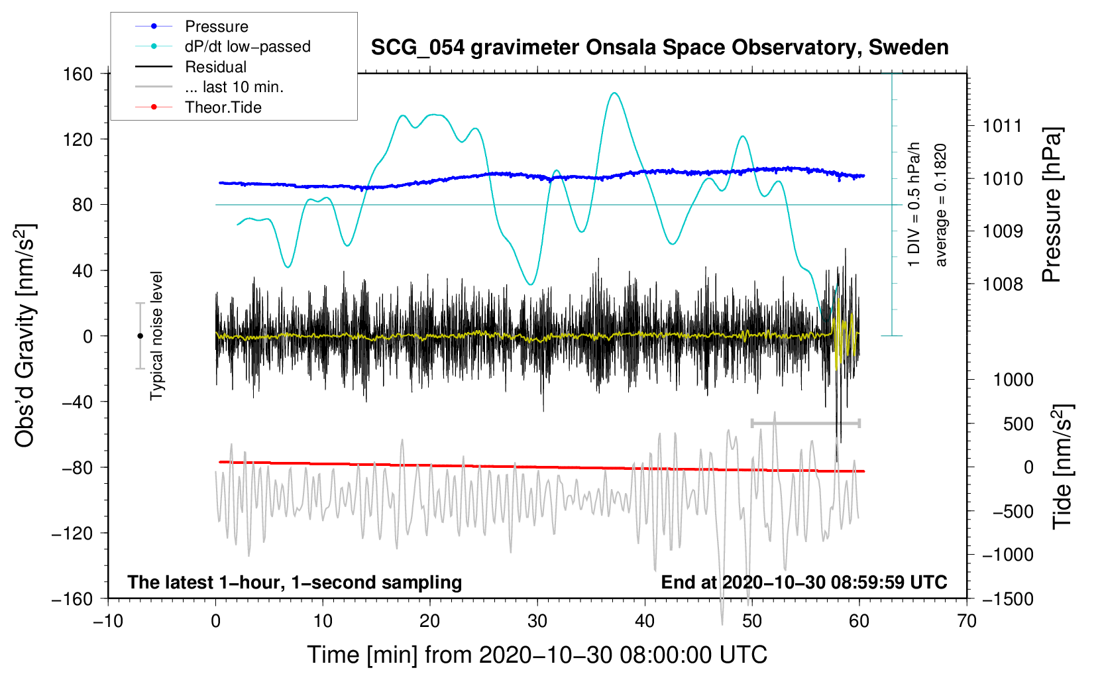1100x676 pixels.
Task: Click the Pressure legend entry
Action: coord(192,26)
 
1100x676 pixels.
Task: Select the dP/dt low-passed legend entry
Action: coord(223,46)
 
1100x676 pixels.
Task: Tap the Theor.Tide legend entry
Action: coord(198,107)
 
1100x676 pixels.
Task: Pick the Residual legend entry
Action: coord(191,67)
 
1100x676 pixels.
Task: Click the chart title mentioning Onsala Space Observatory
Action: coord(659,48)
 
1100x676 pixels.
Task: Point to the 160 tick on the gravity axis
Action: coord(78,74)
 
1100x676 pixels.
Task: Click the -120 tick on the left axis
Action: coord(73,533)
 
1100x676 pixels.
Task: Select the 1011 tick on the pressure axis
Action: coord(1003,127)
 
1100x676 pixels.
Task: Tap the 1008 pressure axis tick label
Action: coord(1003,284)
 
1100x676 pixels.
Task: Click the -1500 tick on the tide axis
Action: coord(1008,599)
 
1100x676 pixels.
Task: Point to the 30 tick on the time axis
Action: coord(537,622)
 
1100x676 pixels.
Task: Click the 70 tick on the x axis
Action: coord(967,622)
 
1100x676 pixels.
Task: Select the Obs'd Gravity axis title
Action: coord(25,336)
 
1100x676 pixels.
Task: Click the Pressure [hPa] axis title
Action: coord(1051,205)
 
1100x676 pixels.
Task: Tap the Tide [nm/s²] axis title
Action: coord(1063,467)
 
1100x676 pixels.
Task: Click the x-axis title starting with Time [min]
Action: coord(537,655)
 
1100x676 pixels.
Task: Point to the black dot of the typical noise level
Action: coord(140,336)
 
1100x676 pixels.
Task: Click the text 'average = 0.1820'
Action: coord(940,205)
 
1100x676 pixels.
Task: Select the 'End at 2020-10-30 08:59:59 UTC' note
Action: coord(804,582)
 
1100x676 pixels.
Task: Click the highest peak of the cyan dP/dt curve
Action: coord(614,93)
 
